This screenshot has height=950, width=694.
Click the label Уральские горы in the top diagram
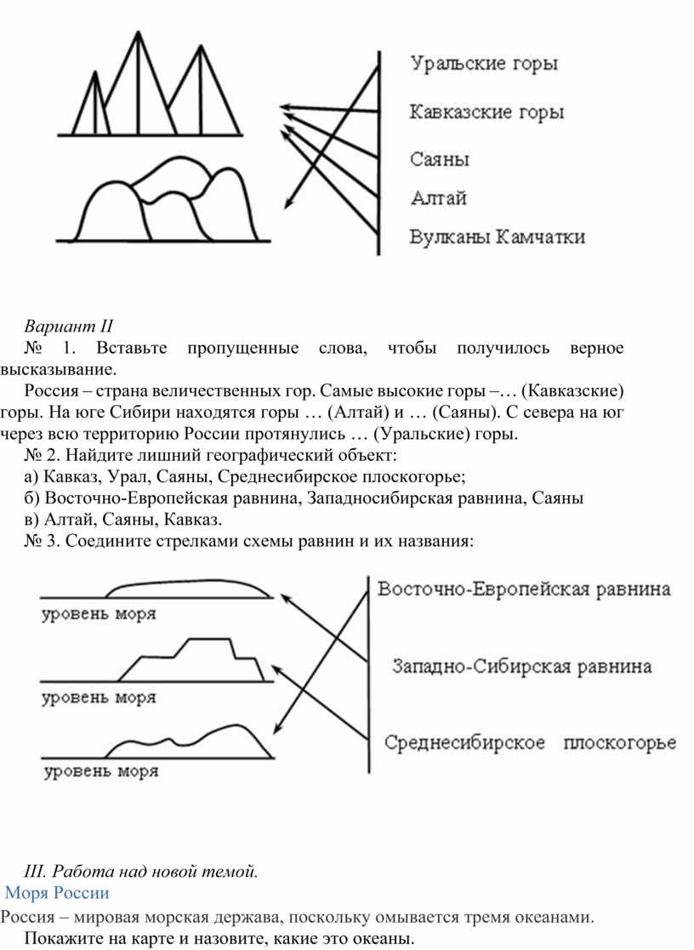pos(485,65)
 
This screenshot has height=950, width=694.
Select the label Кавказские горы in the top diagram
pos(486,112)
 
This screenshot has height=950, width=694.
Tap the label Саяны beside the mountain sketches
pos(441,159)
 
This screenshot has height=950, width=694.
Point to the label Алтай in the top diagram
pos(438,198)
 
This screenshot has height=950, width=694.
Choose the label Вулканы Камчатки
pos(498,237)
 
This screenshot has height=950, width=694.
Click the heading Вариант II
pos(68,326)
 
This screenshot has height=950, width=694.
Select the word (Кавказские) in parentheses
pos(572,391)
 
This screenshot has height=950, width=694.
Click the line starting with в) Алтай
pos(123,519)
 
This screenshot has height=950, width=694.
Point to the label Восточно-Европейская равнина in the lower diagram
pos(523,589)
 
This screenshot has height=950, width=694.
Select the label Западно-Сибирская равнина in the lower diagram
pos(523,666)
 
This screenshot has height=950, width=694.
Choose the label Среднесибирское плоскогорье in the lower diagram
pos(531,742)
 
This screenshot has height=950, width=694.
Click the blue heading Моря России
pos(58,893)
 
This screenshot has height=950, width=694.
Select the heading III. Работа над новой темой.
pos(141,871)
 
